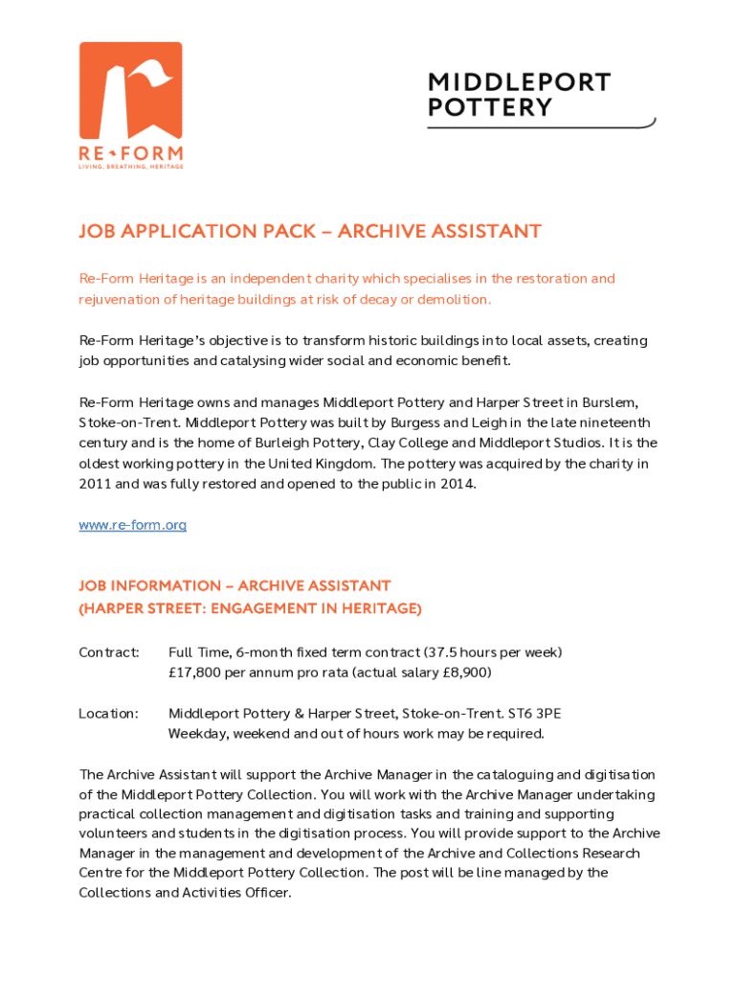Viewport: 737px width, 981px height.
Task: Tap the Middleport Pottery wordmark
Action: tap(519, 95)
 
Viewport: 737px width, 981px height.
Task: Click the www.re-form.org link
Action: tap(132, 525)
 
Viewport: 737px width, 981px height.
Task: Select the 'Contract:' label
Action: tap(109, 652)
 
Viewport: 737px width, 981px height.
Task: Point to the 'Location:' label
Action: tap(108, 714)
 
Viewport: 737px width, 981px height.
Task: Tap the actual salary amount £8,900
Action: tap(465, 673)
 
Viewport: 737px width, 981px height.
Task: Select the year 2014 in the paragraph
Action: tap(455, 484)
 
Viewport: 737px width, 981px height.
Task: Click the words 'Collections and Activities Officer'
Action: tap(183, 893)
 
